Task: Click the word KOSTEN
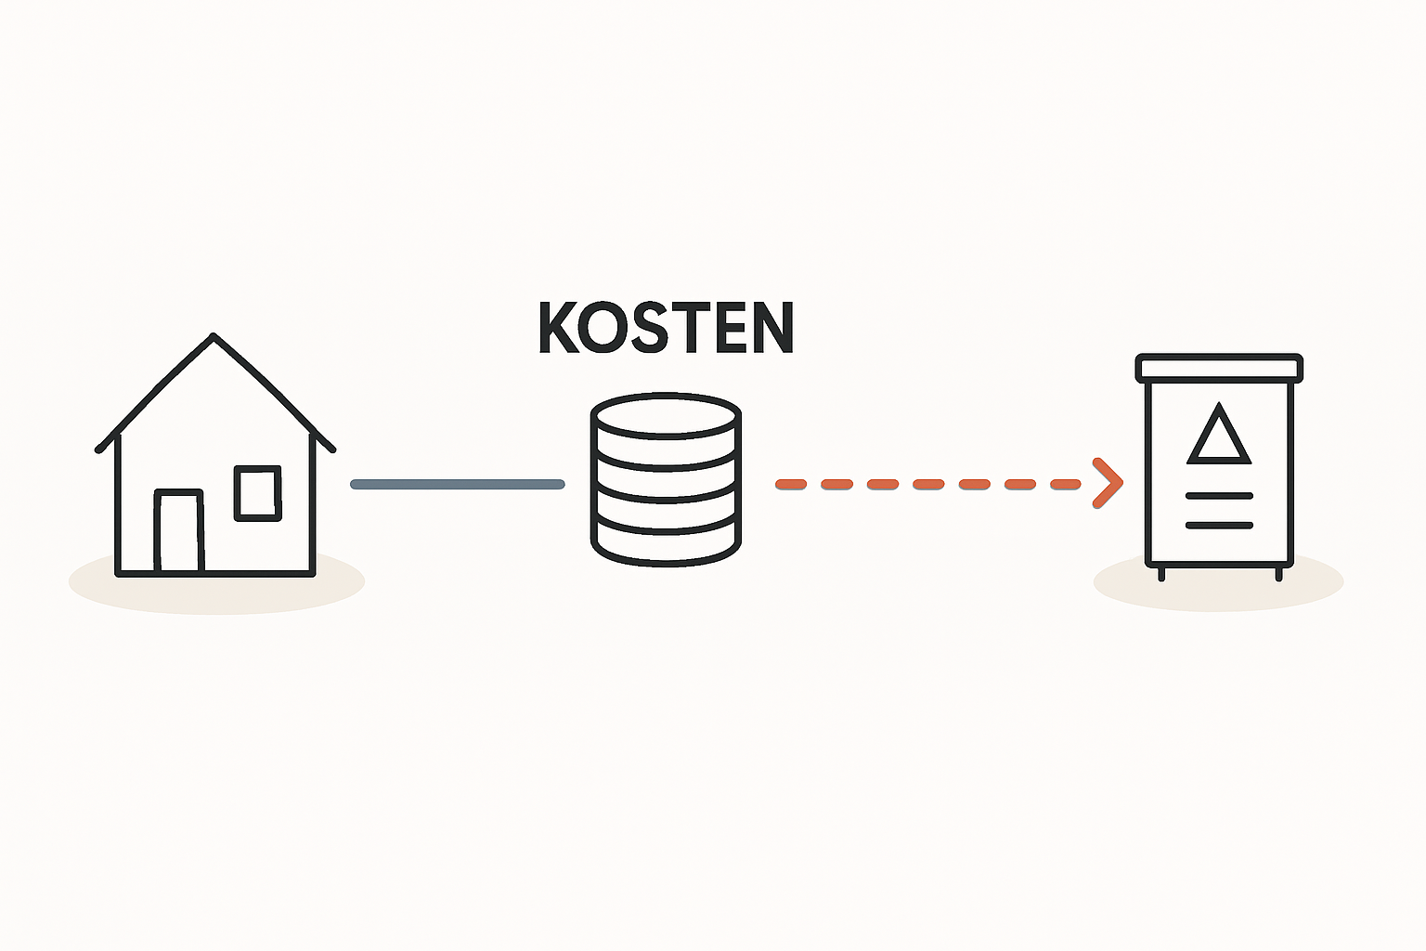pos(666,327)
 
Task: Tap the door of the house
pos(179,530)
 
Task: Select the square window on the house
pos(257,492)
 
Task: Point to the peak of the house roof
pos(214,337)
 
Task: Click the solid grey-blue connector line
pos(458,484)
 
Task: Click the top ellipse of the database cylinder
pos(666,414)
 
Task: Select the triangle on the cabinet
pos(1219,436)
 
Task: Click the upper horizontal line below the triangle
pos(1219,496)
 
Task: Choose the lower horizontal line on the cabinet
pos(1219,526)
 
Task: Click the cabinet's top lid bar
pos(1219,368)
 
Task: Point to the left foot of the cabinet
pos(1161,575)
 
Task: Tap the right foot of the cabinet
pos(1278,575)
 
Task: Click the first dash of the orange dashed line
pos(791,484)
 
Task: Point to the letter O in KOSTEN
pos(603,327)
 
